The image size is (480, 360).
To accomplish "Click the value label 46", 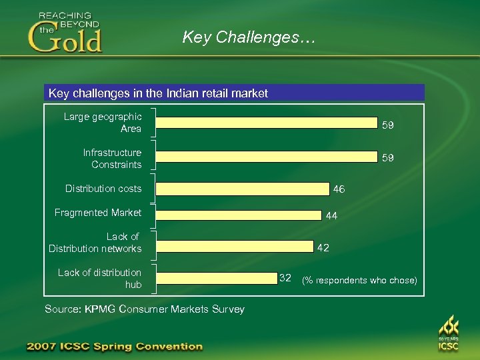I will (339, 189).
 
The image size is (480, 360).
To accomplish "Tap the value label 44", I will (331, 216).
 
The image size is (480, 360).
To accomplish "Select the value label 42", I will (323, 247).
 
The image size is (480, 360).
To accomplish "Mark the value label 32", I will (285, 277).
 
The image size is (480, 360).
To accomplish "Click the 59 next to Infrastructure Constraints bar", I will (387, 158).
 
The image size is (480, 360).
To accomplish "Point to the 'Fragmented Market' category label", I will (98, 213).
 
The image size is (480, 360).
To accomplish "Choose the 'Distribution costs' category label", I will (103, 189).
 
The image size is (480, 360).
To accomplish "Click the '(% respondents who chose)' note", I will (359, 280).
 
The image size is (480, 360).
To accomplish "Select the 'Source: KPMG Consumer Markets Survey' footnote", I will (144, 309).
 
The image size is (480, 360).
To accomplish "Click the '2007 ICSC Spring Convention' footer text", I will (114, 346).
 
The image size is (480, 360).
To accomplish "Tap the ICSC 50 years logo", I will (449, 333).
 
